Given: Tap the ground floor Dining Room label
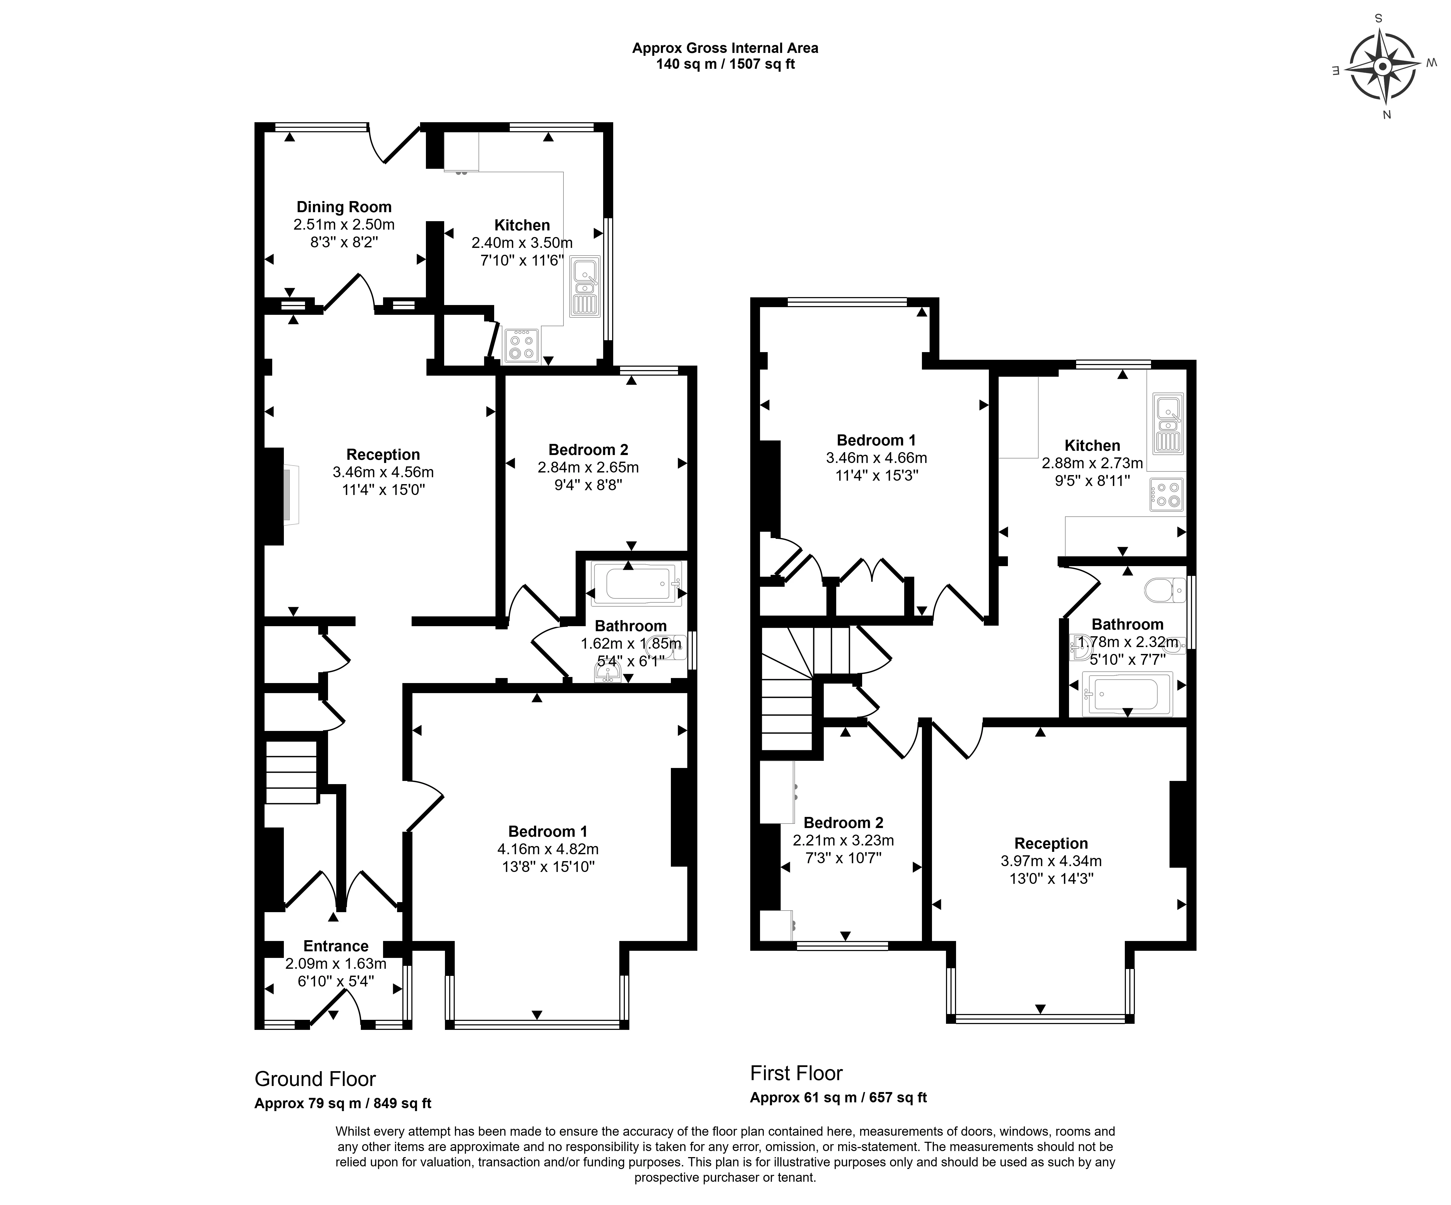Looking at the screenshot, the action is [344, 207].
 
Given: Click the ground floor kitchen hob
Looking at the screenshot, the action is [522, 345].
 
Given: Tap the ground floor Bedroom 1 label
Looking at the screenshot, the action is [548, 831].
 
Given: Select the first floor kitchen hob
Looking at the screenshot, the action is [1166, 495].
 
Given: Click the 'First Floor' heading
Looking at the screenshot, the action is [797, 1073].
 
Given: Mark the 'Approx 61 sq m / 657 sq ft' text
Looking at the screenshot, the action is [839, 1097].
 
